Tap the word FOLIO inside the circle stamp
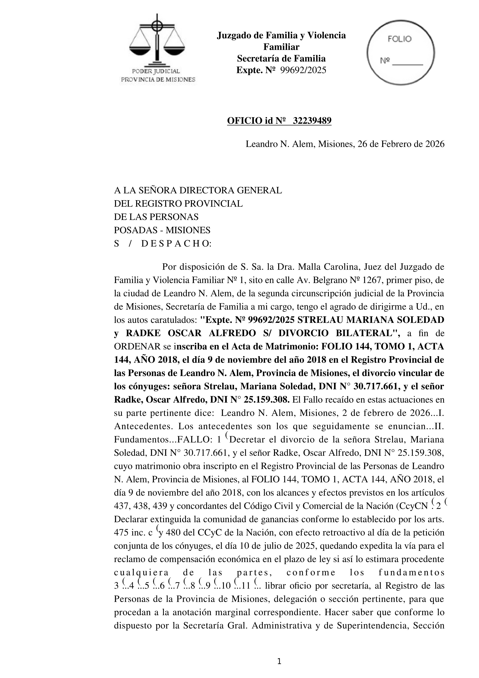(x=399, y=39)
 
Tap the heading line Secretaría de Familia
(x=281, y=59)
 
